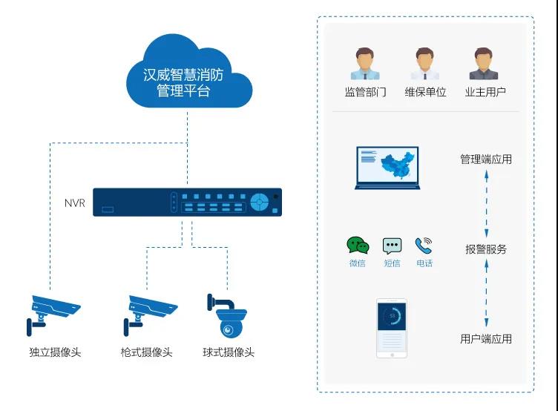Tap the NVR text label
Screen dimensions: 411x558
coord(75,203)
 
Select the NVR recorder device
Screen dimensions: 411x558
coord(187,202)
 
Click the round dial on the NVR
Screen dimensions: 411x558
coord(259,202)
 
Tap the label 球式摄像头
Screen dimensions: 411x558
coord(229,352)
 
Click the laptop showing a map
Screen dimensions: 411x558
coord(387,168)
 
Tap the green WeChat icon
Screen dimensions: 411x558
coord(358,246)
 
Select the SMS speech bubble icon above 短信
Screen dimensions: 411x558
coord(392,246)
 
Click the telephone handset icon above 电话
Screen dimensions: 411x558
coord(424,246)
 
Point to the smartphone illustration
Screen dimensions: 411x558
coord(392,328)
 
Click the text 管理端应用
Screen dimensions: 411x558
coord(486,160)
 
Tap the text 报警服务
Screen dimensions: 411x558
coord(486,249)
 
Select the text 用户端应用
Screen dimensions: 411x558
coord(486,339)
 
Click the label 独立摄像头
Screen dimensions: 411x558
coord(55,352)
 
